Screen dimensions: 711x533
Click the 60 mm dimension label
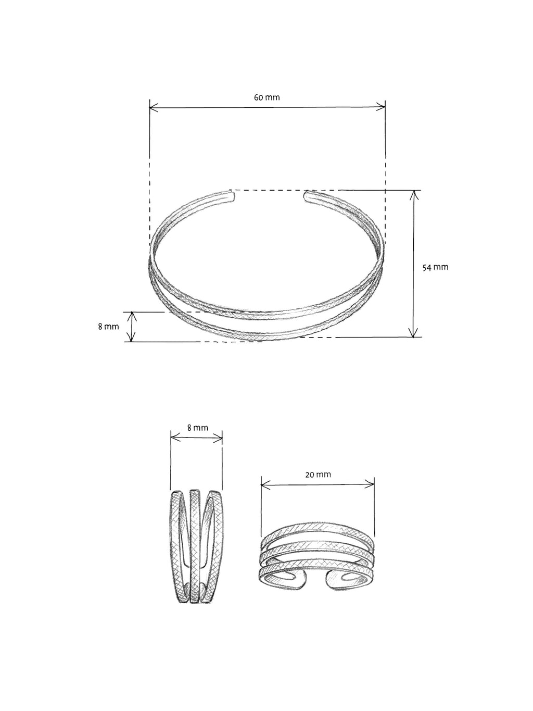(x=266, y=97)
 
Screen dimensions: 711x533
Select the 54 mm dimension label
(x=435, y=267)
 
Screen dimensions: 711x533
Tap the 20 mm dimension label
(x=318, y=475)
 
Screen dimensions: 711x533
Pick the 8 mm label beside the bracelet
(x=108, y=327)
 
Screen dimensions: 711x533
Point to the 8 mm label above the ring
(x=197, y=428)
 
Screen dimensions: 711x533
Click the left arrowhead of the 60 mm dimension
(x=153, y=108)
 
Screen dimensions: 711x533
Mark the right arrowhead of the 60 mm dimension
(x=382, y=108)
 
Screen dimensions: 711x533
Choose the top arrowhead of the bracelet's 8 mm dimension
(x=132, y=315)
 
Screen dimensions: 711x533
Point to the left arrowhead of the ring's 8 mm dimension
(x=174, y=439)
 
